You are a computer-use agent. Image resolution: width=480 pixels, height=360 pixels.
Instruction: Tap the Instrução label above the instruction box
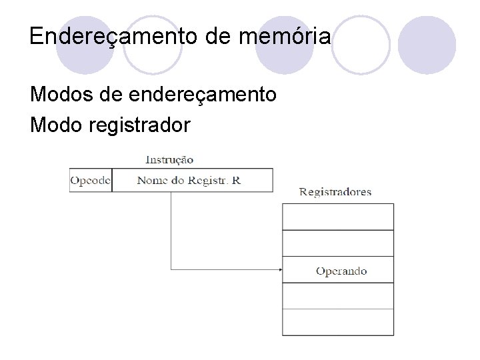tap(169, 159)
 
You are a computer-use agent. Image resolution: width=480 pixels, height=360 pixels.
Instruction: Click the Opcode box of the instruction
tap(91, 180)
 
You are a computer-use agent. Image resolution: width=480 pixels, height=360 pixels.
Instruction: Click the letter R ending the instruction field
tap(236, 180)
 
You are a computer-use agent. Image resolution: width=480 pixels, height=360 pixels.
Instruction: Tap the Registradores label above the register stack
tap(335, 192)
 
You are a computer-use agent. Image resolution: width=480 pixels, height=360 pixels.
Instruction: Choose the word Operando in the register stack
tap(341, 271)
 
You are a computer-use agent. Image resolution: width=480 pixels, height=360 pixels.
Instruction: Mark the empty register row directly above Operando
tap(338, 243)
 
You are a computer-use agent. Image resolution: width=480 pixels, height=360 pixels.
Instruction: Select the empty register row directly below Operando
tap(338, 296)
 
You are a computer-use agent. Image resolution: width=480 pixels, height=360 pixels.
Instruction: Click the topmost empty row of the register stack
tap(338, 217)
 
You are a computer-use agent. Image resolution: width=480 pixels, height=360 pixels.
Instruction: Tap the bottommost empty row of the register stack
tap(338, 322)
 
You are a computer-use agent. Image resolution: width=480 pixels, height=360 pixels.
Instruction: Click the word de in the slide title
tap(217, 36)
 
